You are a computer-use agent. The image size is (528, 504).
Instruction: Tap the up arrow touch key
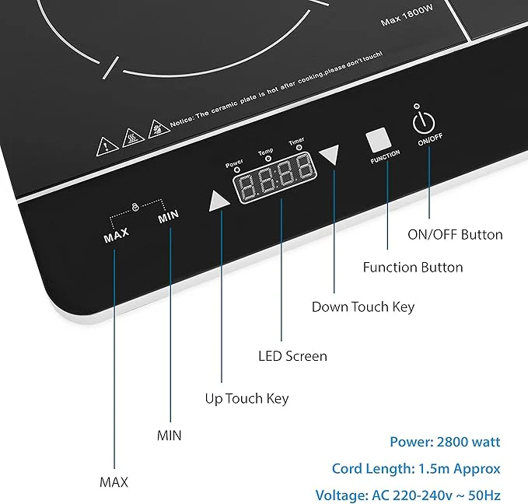point(218,201)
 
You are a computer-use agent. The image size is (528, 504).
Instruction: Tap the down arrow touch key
point(330,154)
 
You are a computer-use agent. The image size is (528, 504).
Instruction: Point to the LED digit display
point(275,178)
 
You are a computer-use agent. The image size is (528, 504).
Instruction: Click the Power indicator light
point(237,170)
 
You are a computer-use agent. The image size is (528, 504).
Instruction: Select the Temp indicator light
point(268,159)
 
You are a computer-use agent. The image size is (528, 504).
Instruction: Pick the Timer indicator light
point(299,148)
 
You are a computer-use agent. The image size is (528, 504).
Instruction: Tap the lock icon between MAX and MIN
point(135,207)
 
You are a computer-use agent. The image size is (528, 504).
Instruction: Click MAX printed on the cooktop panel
point(117,234)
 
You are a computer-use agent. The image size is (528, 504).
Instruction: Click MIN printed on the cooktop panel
point(169,216)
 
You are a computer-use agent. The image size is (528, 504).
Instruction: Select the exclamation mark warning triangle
point(107,147)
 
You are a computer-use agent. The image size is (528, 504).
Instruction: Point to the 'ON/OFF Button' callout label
point(455,234)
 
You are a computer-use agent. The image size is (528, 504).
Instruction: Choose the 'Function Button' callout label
point(413,268)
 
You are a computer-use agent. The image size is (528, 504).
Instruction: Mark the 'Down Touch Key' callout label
point(363,307)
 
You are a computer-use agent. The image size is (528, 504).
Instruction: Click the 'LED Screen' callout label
point(292,356)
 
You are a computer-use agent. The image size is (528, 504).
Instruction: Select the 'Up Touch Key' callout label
point(247,398)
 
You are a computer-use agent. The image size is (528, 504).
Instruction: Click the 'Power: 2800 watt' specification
point(445,442)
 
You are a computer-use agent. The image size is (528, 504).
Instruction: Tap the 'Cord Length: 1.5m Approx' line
point(416,469)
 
